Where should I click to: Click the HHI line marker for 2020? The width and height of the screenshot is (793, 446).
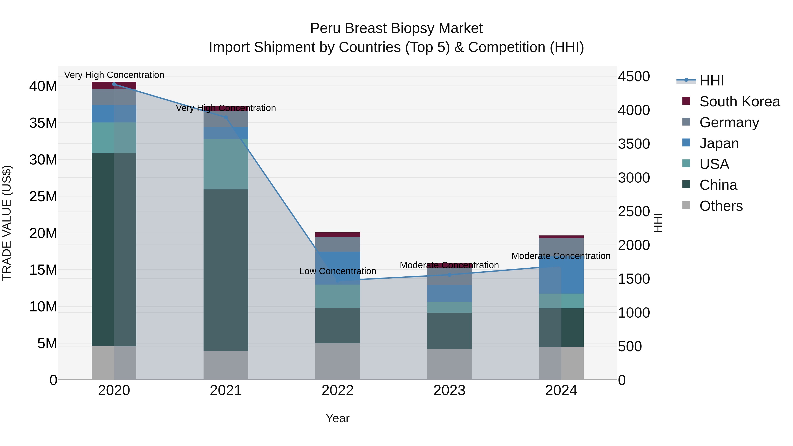point(114,84)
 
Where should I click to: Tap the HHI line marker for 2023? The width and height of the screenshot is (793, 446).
point(449,275)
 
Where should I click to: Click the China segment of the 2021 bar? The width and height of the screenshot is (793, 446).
point(226,270)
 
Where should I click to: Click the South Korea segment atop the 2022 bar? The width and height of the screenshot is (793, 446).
point(337,235)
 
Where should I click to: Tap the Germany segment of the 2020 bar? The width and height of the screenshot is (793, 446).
point(114,97)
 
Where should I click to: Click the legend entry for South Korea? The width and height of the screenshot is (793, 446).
point(739,102)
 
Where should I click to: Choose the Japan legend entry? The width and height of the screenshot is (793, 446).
point(719,143)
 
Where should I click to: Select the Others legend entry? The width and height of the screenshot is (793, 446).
point(721,206)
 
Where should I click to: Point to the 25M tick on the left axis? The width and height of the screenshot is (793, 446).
point(43,196)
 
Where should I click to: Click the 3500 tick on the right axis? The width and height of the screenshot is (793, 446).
point(634,144)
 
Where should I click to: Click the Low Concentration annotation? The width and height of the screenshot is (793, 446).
point(337,271)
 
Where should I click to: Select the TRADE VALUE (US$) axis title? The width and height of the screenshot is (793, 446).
point(7,223)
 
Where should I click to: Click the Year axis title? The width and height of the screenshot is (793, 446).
point(337,418)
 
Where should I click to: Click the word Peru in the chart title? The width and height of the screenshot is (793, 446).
point(323,28)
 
